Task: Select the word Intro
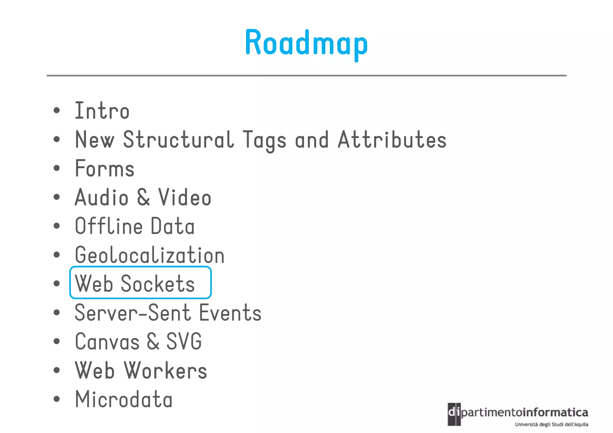102,111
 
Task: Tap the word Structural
178,140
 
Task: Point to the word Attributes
392,140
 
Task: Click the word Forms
105,168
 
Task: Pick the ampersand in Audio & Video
144,197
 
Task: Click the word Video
185,197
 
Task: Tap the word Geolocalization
150,255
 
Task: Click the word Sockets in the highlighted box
158,284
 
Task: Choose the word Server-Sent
133,313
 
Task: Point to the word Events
230,313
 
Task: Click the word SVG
184,341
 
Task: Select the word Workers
165,370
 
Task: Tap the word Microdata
124,399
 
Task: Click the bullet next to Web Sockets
57,283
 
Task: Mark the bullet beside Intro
57,110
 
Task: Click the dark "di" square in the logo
454,414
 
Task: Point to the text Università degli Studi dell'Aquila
551,424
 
